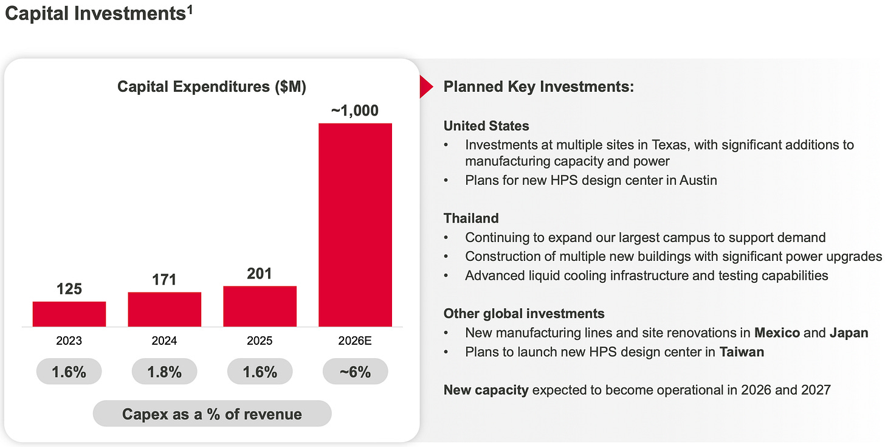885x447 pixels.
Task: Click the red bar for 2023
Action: point(69,314)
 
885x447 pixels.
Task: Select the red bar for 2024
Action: point(165,309)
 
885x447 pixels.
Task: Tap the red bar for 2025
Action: point(260,306)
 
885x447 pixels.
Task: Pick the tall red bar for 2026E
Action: point(356,224)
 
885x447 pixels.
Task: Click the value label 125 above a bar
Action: point(69,289)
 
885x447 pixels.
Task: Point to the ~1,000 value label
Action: point(355,111)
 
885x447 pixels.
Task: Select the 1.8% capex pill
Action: point(165,372)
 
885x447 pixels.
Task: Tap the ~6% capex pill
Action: point(356,372)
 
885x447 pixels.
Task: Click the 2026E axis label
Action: point(356,341)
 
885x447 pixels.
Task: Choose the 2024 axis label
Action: point(165,341)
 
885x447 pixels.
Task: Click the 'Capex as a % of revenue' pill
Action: point(212,414)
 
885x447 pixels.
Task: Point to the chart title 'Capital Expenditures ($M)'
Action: point(212,86)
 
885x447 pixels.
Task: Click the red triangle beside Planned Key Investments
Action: point(425,88)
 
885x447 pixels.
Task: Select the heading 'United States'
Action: point(486,126)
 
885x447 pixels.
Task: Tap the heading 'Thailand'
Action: point(471,218)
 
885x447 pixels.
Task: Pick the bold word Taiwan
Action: point(742,352)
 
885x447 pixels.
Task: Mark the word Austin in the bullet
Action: point(698,181)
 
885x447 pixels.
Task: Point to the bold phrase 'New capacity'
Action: point(486,390)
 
